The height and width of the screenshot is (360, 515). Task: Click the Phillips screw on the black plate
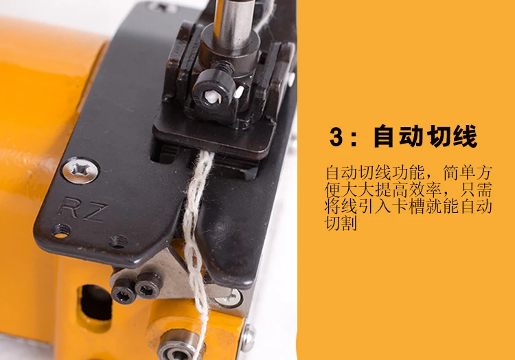[x=81, y=170]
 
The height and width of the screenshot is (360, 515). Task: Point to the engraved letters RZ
[x=83, y=209]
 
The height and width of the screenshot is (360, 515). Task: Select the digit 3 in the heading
[x=336, y=136]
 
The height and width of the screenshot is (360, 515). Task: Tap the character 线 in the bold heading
[x=465, y=136]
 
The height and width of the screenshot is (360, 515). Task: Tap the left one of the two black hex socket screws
[x=124, y=291]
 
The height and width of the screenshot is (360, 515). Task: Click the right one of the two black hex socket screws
[x=149, y=285]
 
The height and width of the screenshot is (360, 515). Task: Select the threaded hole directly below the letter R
[x=61, y=230]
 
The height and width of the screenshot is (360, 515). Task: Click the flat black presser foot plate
[x=214, y=136]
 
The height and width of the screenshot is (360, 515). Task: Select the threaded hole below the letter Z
[x=118, y=242]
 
